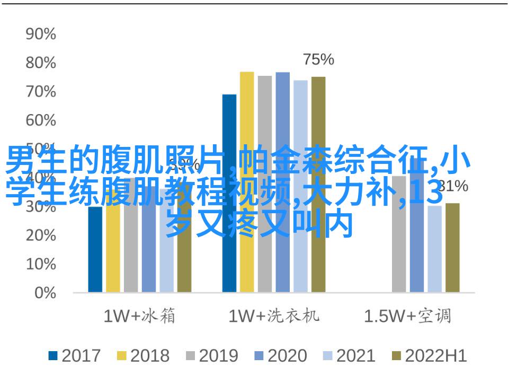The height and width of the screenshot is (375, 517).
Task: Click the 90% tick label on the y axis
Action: (x=41, y=34)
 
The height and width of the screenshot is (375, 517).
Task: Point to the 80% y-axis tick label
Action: (x=41, y=63)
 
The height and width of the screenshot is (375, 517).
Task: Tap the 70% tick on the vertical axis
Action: (x=41, y=92)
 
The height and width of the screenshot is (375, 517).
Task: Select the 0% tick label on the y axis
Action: (x=45, y=292)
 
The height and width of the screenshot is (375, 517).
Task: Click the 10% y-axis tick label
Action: (x=41, y=264)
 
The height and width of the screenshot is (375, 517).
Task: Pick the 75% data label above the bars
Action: (x=318, y=60)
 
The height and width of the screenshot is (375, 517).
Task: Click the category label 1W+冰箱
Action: (x=139, y=317)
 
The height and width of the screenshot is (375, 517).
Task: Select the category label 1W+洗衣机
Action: (x=274, y=317)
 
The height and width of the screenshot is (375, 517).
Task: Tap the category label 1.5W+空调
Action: (x=407, y=317)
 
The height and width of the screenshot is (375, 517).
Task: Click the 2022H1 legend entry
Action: (x=429, y=356)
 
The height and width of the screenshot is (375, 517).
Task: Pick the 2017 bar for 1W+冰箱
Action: (x=95, y=249)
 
